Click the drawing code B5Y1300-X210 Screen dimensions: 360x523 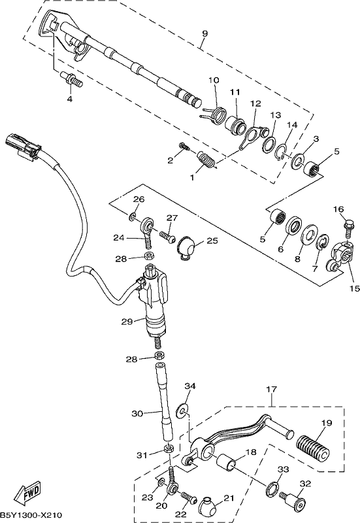click(31, 515)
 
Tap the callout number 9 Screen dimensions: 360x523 click(205, 33)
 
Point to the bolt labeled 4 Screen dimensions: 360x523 click(71, 79)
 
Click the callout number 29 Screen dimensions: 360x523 click(127, 322)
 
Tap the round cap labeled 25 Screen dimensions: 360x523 click(187, 248)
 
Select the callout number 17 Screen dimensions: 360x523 click(271, 389)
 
